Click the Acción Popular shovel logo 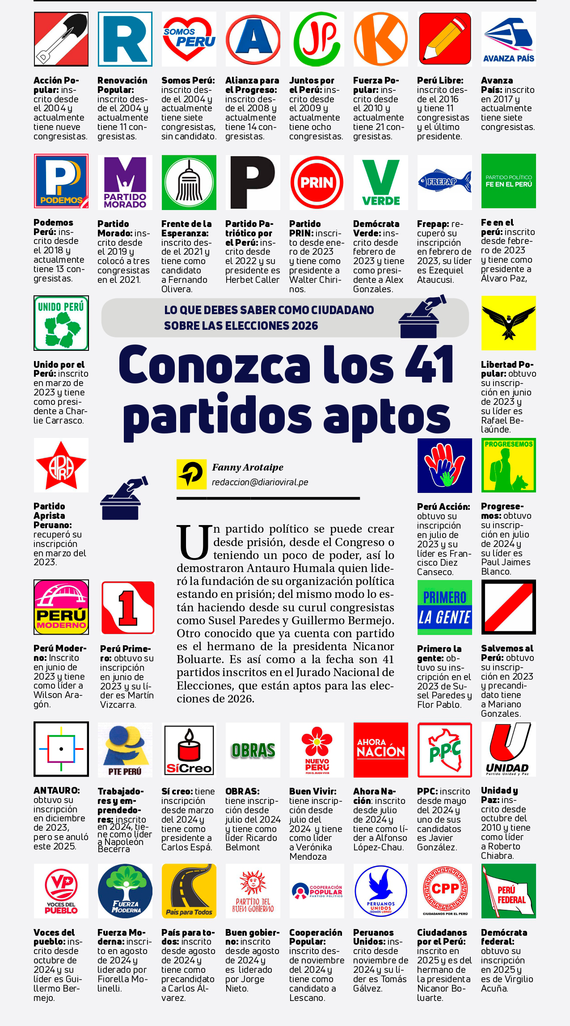point(61,39)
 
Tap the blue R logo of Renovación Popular point(125,39)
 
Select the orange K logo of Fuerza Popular point(380,39)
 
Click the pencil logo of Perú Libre point(444,39)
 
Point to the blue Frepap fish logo point(444,182)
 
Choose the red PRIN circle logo point(317,182)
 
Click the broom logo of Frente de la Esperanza point(189,182)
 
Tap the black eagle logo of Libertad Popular point(508,323)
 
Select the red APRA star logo point(61,465)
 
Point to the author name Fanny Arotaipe point(248,467)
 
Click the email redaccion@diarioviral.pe point(260,482)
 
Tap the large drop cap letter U point(194,542)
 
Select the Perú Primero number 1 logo point(127,607)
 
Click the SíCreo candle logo point(189,750)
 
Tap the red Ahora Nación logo point(380,750)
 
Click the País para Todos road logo point(189,891)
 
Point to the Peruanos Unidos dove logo point(380,891)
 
